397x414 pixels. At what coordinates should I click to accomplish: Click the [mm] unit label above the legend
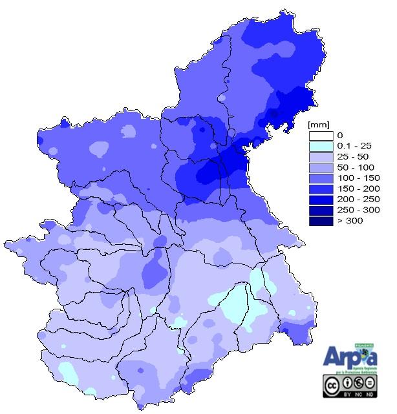pos(319,123)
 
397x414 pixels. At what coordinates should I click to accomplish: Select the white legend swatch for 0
pos(321,136)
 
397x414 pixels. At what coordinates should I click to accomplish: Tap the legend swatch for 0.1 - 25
pos(321,146)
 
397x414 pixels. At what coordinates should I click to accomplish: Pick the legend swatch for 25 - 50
pos(321,157)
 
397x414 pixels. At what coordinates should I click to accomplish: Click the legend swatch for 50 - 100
pos(321,167)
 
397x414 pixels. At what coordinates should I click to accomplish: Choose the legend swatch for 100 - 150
pos(321,178)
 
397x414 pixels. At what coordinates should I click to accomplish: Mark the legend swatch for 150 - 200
pos(321,189)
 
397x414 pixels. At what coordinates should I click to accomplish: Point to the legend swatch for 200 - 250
pos(321,200)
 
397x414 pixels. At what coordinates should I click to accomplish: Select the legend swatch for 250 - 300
pos(321,210)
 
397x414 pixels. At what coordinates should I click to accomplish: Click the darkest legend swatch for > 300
pos(321,221)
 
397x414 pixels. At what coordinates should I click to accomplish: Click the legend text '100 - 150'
pos(355,178)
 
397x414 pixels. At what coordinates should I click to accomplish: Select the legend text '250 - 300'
pos(355,210)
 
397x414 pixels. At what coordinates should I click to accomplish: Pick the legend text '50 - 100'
pos(353,167)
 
